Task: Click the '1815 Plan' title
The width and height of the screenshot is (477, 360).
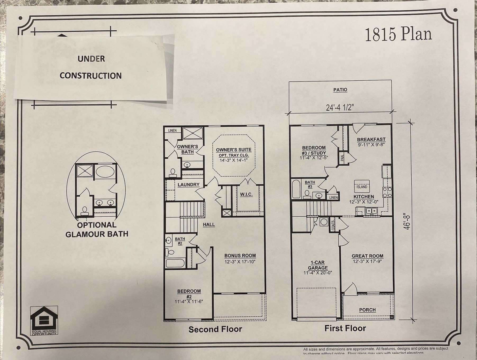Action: point(398,34)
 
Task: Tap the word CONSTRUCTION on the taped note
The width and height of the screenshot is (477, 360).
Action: point(90,76)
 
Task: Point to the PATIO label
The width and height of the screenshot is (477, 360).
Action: point(340,90)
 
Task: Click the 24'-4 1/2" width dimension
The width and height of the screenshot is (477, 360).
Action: point(340,107)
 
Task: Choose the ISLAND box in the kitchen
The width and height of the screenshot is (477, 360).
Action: point(362,186)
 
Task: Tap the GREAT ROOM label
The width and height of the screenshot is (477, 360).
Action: point(367,256)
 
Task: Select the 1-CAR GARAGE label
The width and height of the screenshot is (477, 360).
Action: point(318,265)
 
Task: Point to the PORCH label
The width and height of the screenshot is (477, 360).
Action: point(367,310)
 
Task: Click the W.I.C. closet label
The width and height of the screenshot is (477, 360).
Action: point(246,194)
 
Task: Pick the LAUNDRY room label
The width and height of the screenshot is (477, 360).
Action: point(188,185)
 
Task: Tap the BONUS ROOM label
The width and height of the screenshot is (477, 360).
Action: point(240,256)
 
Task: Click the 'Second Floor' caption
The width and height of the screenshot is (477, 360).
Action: point(215,329)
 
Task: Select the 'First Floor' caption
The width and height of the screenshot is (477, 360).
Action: point(345,329)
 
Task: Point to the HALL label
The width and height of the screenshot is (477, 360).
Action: point(209,225)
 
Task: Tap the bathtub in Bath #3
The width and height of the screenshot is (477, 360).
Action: point(296,189)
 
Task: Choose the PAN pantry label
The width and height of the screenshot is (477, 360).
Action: point(342,158)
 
